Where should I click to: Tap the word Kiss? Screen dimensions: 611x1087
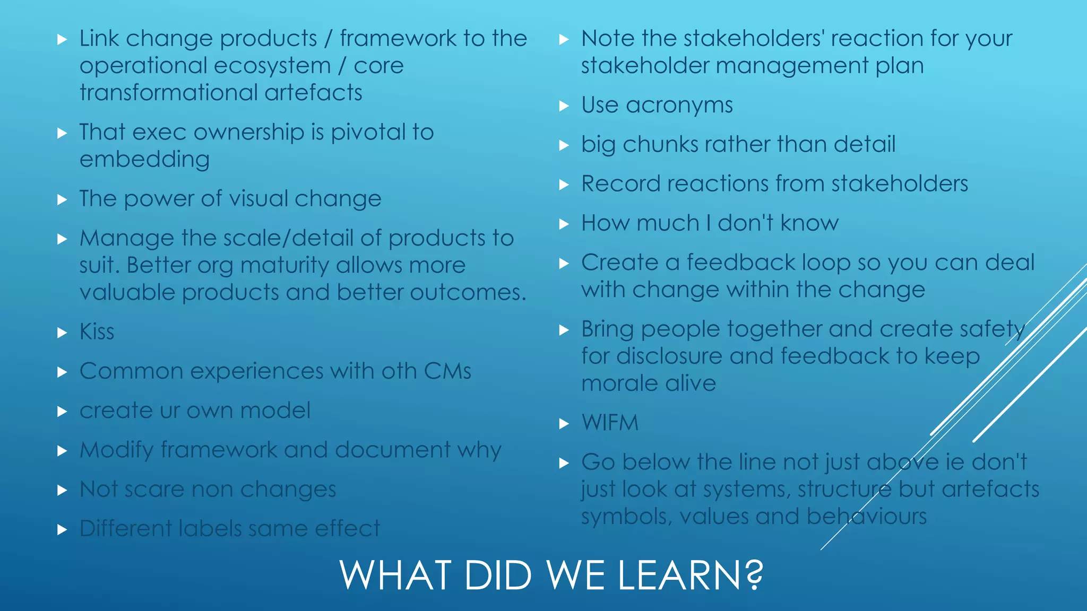97,332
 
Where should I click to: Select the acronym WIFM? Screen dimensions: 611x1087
610,423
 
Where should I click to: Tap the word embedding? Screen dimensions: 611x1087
144,160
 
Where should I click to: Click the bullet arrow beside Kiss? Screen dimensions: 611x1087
62,333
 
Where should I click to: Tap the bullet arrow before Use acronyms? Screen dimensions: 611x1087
564,106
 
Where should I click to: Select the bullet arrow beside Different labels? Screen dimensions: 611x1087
62,529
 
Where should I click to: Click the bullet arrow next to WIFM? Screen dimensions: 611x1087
564,424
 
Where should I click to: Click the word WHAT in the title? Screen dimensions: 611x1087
396,575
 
